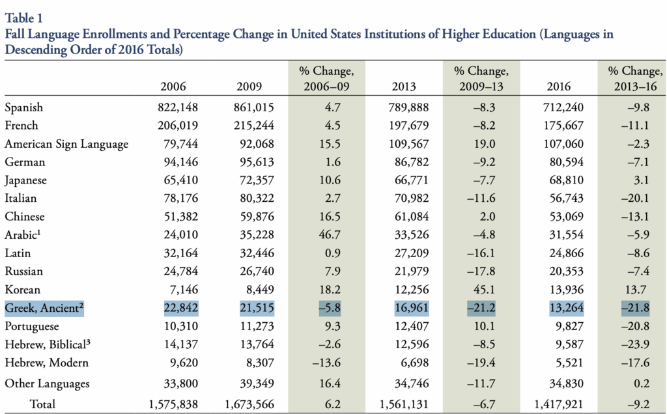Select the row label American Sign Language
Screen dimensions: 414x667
[66, 144]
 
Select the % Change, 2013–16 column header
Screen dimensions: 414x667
[632, 78]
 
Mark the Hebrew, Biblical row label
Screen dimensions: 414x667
[47, 344]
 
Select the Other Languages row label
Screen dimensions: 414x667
[48, 384]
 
